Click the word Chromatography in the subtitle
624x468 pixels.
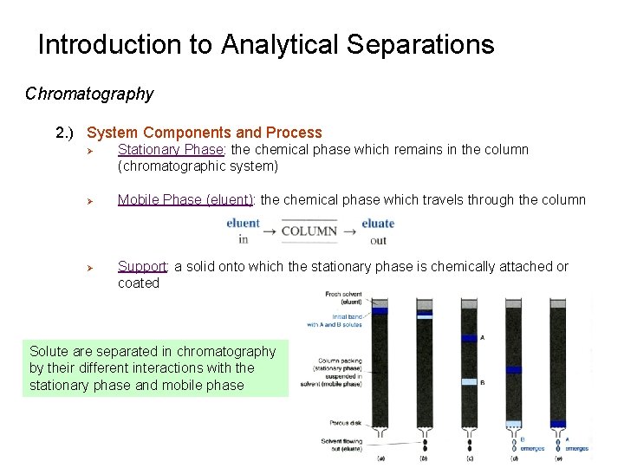coord(89,94)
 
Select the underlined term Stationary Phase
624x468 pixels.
coord(171,149)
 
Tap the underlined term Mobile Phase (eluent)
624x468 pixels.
coord(185,200)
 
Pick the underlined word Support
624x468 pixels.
coord(142,266)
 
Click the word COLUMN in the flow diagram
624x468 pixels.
coord(309,231)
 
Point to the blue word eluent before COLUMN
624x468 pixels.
coord(243,224)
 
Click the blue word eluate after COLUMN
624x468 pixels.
coord(378,224)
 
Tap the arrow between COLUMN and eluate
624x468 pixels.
coord(349,231)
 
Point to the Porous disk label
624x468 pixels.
coord(345,423)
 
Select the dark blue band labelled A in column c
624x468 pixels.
coord(469,338)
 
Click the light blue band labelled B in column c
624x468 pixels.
coord(469,381)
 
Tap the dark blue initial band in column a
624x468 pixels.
coord(380,310)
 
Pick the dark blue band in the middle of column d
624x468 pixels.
coord(513,370)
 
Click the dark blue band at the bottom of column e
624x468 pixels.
coord(558,425)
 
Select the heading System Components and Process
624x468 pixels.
coord(204,133)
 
